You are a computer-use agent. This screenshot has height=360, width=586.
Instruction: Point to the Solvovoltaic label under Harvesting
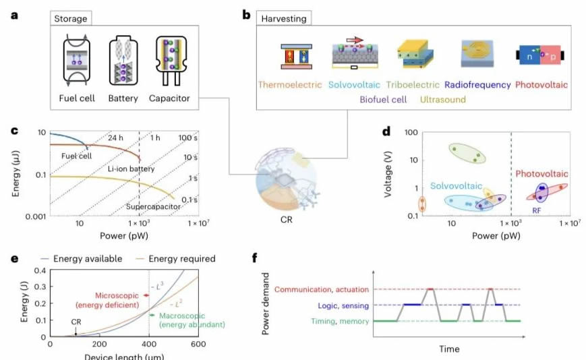click(x=355, y=85)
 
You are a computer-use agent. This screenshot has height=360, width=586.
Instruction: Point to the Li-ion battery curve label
click(x=132, y=169)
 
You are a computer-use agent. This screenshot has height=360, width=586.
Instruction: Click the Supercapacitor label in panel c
click(x=152, y=206)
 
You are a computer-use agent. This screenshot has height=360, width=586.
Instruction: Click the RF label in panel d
click(x=537, y=210)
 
